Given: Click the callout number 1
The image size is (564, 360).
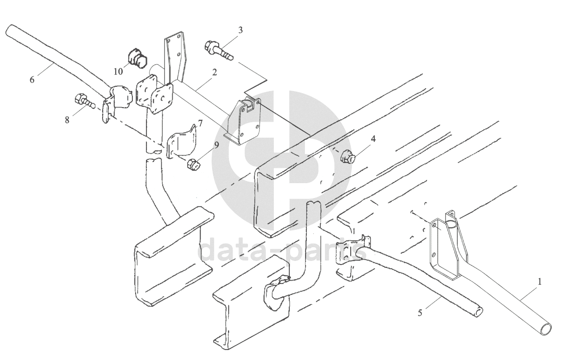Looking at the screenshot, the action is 539,282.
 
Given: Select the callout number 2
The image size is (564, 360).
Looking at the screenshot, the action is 214,72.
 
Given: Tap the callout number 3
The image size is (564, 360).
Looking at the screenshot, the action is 240,30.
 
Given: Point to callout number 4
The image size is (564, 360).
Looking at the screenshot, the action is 373,138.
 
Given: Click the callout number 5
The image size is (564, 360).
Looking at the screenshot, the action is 420,313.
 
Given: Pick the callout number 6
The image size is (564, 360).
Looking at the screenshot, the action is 32,80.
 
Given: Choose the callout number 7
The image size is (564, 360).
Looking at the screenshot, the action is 200,123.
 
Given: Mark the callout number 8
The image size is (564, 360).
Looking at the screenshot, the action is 67,120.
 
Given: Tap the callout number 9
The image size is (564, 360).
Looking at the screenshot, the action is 216,145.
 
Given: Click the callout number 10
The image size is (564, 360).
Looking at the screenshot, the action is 118,71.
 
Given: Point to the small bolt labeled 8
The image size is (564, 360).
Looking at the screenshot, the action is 85,102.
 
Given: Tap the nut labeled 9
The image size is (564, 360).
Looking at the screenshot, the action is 193,164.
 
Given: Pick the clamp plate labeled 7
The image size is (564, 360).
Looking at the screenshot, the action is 181,142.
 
